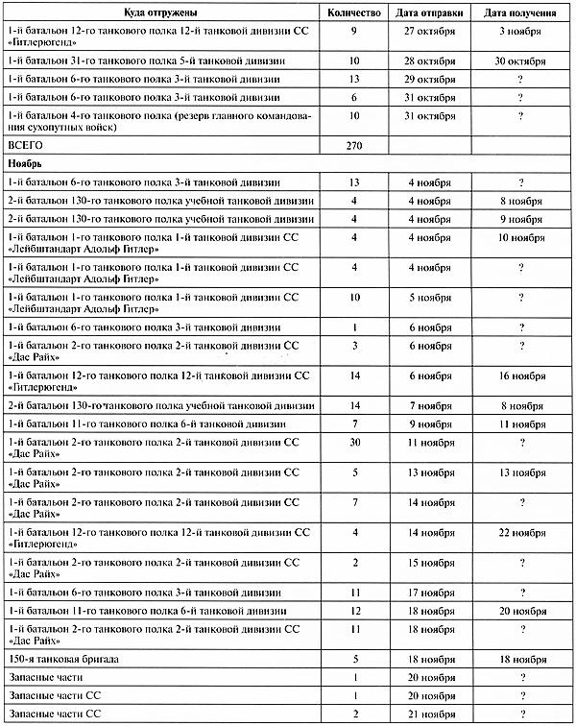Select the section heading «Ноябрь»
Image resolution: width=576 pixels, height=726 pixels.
coord(26,164)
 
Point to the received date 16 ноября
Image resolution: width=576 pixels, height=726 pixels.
coord(522,377)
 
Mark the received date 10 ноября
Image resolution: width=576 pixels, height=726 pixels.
coord(522,237)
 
